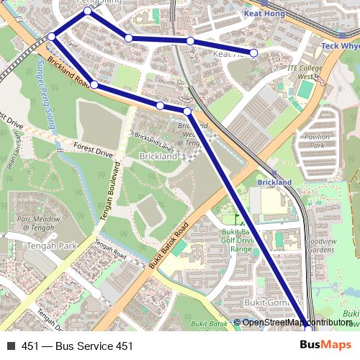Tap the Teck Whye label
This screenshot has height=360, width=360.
coord(339,46)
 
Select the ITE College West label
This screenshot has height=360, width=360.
coord(301,71)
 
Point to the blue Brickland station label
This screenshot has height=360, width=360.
coord(274,183)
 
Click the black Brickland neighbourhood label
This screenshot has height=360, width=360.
coord(158,156)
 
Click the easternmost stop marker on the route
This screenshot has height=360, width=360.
coord(307,329)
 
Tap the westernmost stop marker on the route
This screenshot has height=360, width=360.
coord(52,37)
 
